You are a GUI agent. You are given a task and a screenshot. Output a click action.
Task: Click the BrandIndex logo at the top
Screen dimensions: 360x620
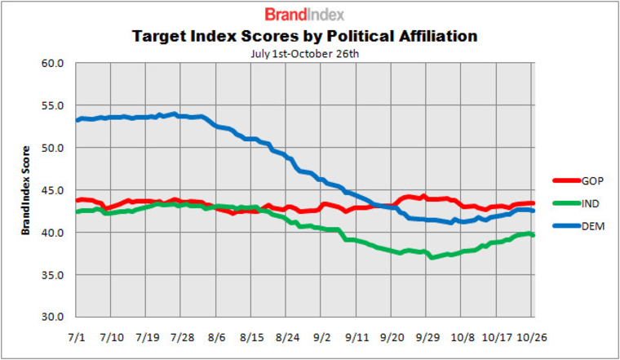point(304,14)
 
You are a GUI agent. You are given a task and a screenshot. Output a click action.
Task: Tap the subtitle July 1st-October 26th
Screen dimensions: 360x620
point(303,54)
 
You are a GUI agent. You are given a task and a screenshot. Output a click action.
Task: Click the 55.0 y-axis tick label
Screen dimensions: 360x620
point(53,106)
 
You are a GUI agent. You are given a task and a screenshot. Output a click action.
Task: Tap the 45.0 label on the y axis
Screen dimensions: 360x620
point(53,190)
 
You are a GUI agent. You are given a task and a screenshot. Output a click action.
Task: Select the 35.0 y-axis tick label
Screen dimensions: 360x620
point(53,275)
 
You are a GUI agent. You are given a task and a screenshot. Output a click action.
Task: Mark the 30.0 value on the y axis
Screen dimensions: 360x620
point(53,317)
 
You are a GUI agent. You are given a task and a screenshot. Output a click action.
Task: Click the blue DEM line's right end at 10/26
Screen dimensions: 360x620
point(533,211)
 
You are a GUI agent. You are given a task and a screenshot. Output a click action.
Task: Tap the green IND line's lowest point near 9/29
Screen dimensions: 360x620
point(432,257)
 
